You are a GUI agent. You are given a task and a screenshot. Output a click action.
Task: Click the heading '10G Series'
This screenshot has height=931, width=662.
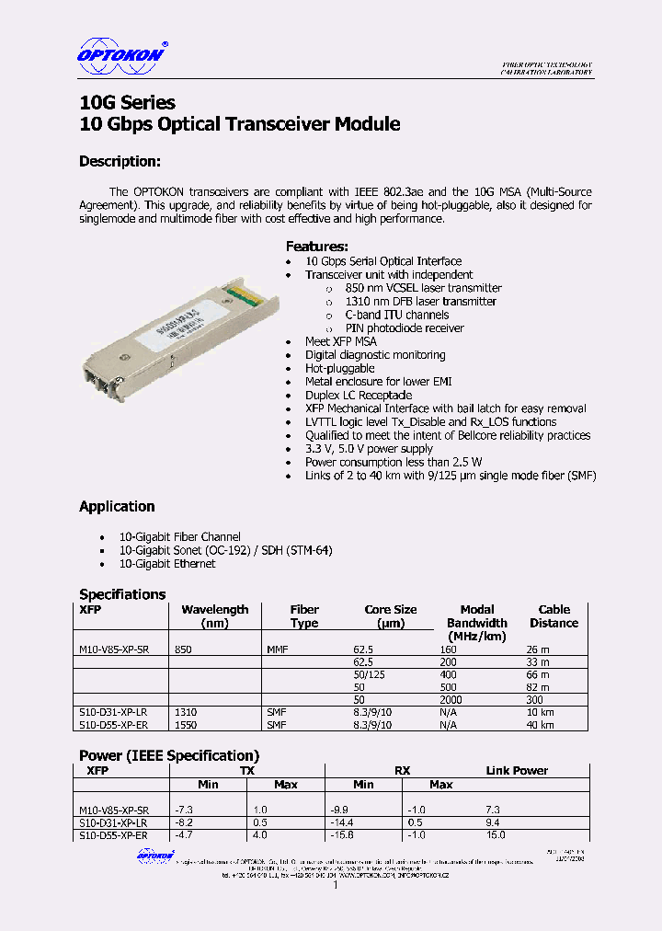(x=127, y=102)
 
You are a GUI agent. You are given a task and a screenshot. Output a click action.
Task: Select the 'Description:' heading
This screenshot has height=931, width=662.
(x=120, y=161)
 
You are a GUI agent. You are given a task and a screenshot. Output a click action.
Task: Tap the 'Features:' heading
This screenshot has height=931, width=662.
(x=316, y=246)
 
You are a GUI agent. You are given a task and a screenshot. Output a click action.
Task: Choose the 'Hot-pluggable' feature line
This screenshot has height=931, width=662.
(x=340, y=368)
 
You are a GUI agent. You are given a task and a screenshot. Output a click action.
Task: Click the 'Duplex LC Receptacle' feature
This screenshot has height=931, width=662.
(x=359, y=395)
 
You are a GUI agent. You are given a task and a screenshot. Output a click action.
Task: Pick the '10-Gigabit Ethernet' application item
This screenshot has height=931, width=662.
(x=167, y=563)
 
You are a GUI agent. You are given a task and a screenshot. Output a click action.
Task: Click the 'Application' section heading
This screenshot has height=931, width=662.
(x=117, y=506)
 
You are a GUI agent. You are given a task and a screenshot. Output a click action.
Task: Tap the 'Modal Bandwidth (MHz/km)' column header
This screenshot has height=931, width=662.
(x=477, y=623)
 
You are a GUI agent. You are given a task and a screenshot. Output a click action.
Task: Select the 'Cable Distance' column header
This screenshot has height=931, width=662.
(x=554, y=615)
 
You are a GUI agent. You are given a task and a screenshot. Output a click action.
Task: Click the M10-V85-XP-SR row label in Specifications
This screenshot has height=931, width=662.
(x=114, y=649)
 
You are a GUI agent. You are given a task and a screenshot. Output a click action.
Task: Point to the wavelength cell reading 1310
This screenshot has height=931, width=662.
(x=185, y=712)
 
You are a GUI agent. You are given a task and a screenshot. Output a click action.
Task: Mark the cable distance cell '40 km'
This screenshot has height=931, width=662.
(x=540, y=724)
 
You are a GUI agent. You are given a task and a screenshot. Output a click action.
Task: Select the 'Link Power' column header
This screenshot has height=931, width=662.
(x=517, y=770)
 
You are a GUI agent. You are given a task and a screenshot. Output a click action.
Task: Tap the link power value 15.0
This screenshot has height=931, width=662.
(x=496, y=834)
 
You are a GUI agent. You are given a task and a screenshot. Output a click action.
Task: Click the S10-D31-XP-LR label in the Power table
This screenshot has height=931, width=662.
(x=113, y=822)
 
